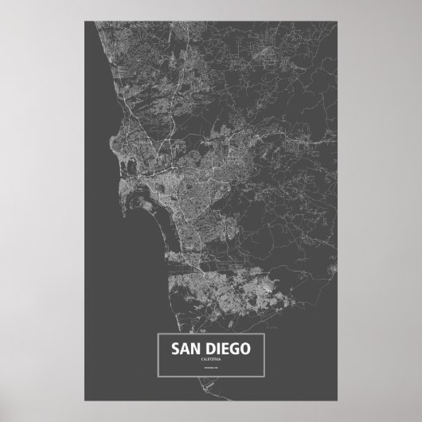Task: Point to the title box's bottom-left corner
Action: tap(159, 378)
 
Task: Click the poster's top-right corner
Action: tap(342, 14)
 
